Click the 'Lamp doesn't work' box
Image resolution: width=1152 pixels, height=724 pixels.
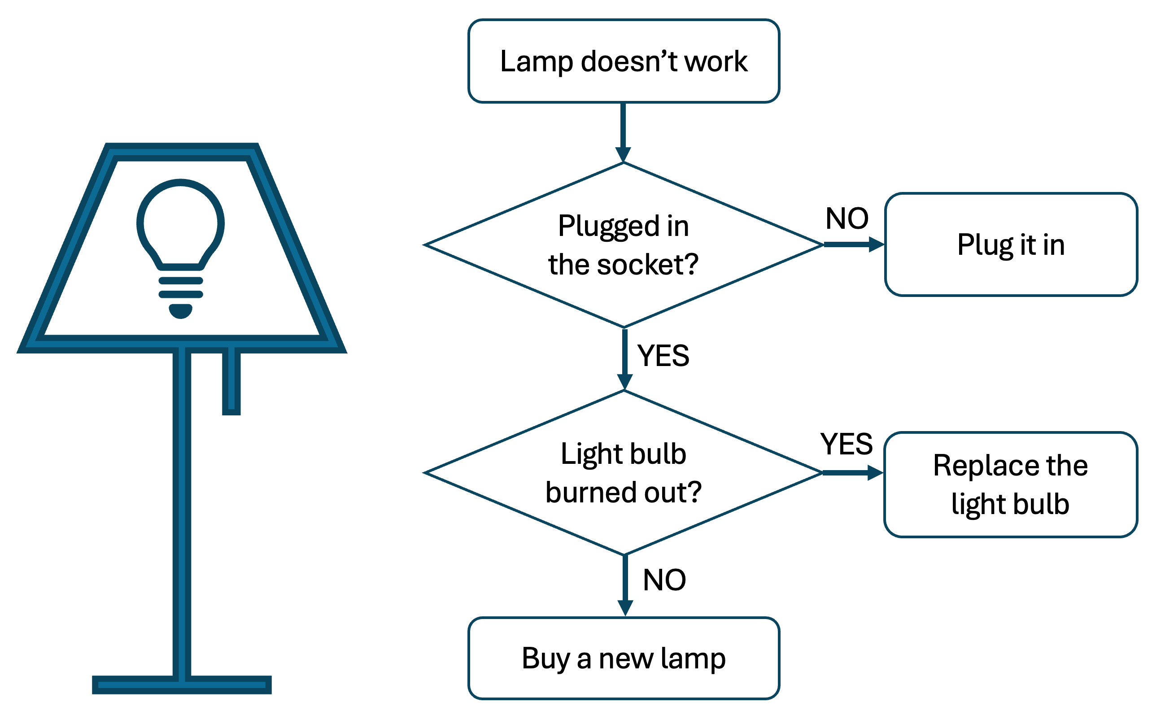coord(624,61)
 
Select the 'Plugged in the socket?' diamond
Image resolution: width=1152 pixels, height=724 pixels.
coord(624,244)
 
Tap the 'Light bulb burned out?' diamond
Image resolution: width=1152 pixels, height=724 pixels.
coord(624,472)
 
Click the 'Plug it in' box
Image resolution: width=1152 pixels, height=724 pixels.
coord(1010,244)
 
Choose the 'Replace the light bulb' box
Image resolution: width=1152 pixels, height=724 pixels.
coord(1010,484)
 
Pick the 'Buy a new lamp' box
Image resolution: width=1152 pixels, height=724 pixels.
coord(624,658)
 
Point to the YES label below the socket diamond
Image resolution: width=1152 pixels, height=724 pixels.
coord(663,356)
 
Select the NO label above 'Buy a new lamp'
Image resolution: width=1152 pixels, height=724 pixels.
coord(664,580)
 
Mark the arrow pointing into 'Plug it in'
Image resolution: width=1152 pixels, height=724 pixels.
coord(854,244)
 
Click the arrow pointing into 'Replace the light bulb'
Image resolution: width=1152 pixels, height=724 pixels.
coord(853,473)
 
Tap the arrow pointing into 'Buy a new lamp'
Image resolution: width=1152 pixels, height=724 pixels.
coord(625,585)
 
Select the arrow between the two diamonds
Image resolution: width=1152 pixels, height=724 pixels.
coord(625,359)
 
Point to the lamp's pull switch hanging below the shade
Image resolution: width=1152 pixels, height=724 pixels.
coord(231,383)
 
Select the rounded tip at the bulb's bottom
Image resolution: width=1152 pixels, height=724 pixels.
coord(180,310)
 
